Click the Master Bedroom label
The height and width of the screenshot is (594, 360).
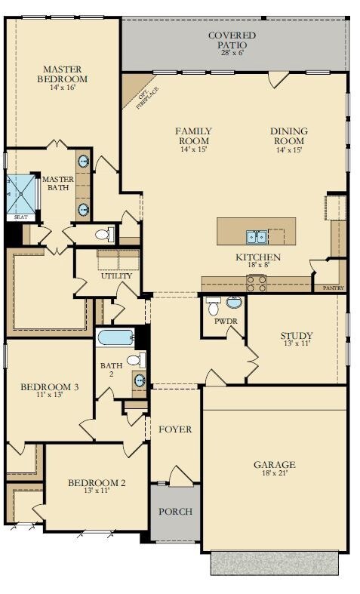(x=63, y=74)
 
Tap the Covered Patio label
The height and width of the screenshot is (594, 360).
(x=232, y=40)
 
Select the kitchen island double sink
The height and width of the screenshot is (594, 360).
(x=257, y=237)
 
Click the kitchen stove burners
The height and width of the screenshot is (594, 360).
(x=257, y=283)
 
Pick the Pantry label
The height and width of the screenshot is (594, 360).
(x=334, y=288)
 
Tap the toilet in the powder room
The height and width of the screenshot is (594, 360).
(x=214, y=306)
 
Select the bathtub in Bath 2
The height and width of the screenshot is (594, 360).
(x=115, y=337)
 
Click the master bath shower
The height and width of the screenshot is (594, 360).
(x=21, y=194)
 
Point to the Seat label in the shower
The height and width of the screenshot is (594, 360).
(x=21, y=218)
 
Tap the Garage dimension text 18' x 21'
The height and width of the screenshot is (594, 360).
(x=275, y=472)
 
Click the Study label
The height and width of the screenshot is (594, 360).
(x=297, y=335)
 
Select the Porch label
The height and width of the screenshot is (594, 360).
(x=175, y=512)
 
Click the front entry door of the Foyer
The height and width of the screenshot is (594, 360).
(x=181, y=476)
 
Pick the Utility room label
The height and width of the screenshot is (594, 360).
(x=116, y=275)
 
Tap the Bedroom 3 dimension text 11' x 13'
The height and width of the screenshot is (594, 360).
(x=49, y=394)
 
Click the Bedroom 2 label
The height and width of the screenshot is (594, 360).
(x=97, y=483)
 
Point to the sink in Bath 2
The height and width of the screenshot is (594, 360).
(x=140, y=380)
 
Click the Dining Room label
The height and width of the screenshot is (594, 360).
(x=289, y=136)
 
